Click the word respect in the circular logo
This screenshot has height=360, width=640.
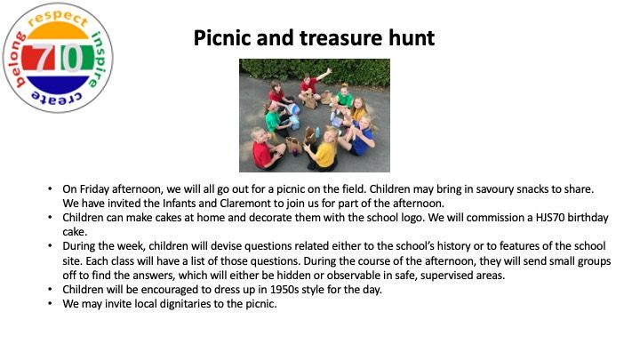point(57,18)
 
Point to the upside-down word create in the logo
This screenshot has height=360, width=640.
point(57,99)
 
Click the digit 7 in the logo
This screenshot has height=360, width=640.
point(44,57)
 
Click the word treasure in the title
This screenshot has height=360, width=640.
point(340,38)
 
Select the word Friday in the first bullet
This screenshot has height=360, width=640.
point(94,189)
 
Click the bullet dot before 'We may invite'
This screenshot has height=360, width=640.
point(50,303)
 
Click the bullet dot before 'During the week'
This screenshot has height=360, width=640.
point(50,245)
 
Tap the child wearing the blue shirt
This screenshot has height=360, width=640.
point(360,135)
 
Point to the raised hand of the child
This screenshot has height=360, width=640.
point(328,71)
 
